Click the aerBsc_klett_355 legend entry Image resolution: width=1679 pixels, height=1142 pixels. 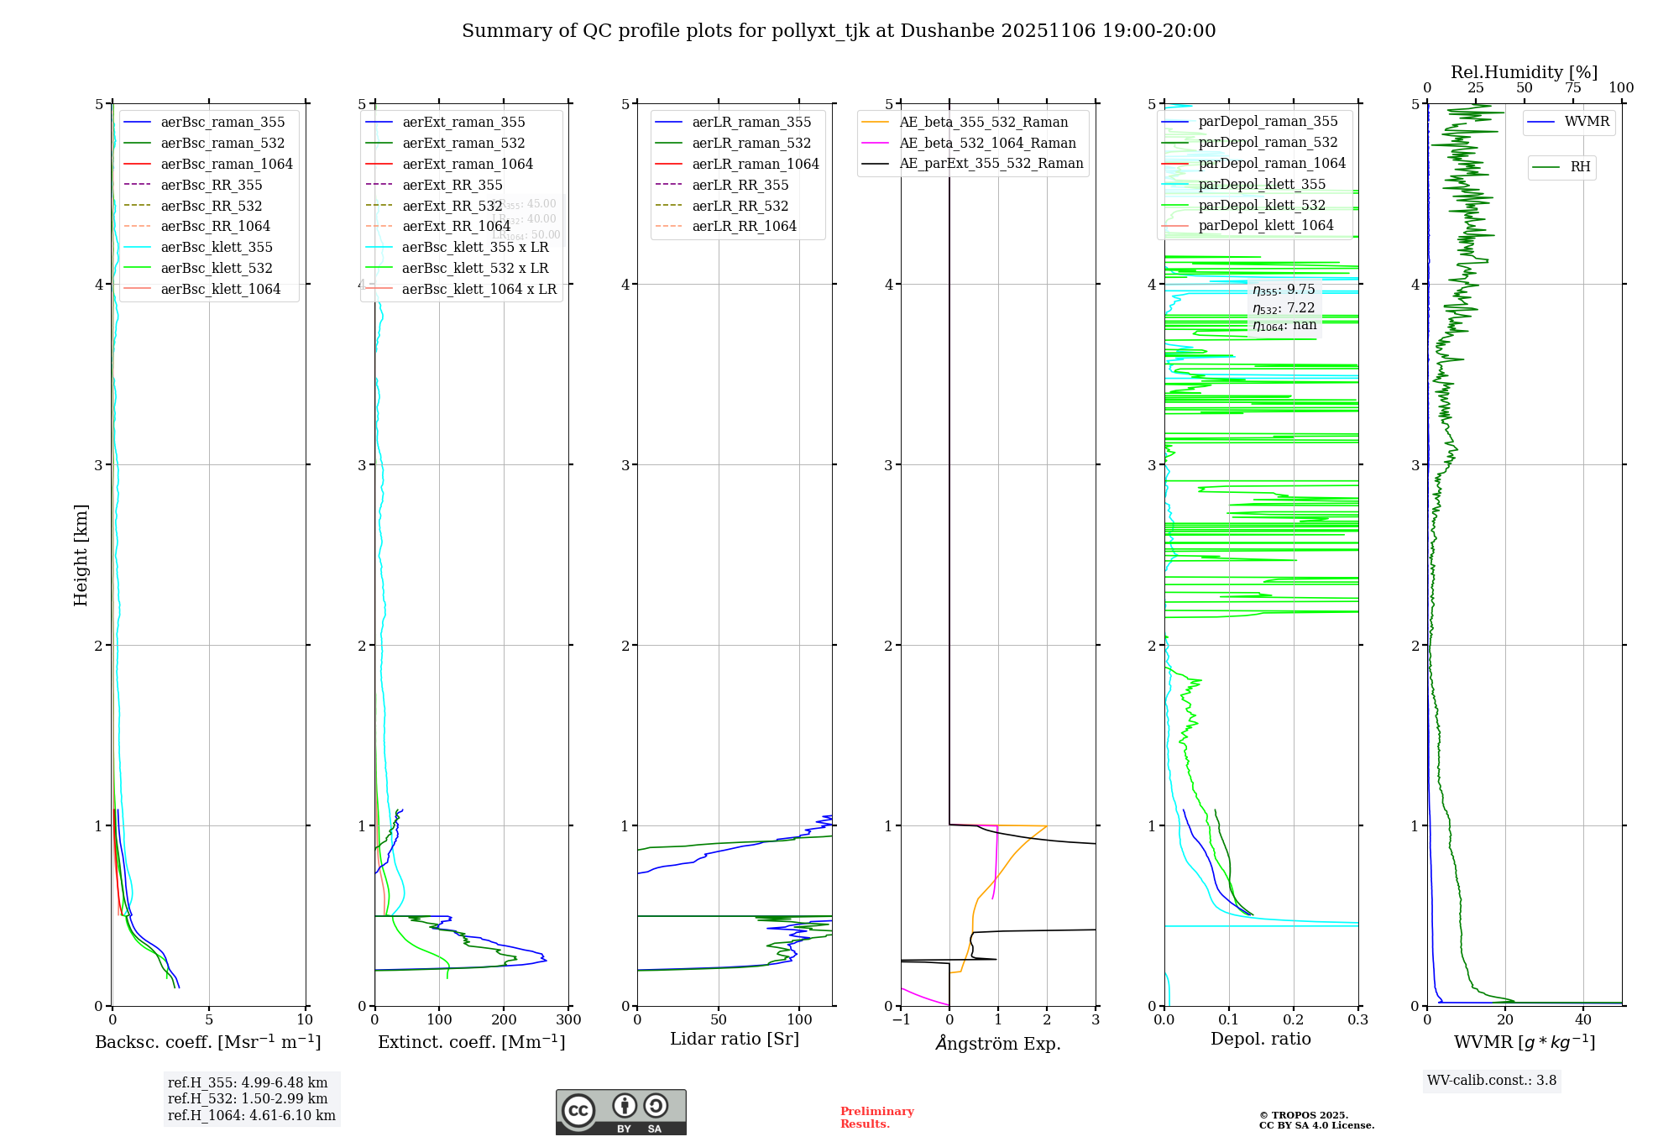point(217,247)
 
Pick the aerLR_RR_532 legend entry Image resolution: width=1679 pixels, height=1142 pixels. point(740,206)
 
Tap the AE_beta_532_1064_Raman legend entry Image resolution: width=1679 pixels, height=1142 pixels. point(987,143)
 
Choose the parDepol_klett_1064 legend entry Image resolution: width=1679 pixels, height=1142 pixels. point(1265,225)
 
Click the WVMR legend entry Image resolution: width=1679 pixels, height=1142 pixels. point(1587,122)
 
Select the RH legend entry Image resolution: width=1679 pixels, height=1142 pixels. point(1580,167)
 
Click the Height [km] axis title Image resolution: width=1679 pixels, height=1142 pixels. point(81,555)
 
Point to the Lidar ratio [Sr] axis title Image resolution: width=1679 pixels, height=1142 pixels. point(735,1039)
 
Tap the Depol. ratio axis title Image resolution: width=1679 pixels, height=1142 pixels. point(1260,1039)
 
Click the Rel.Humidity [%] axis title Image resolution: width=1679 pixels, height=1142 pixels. point(1524,72)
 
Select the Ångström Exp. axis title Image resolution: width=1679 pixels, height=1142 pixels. point(998,1043)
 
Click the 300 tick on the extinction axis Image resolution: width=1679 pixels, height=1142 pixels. point(568,1020)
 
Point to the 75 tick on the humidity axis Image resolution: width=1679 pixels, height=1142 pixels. point(1572,88)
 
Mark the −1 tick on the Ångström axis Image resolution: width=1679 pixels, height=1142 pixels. point(901,1020)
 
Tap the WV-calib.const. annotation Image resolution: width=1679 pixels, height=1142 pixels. point(1492,1081)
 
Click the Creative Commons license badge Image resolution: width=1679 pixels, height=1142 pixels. point(620,1112)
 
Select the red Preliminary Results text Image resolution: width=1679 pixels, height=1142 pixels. point(876,1118)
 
